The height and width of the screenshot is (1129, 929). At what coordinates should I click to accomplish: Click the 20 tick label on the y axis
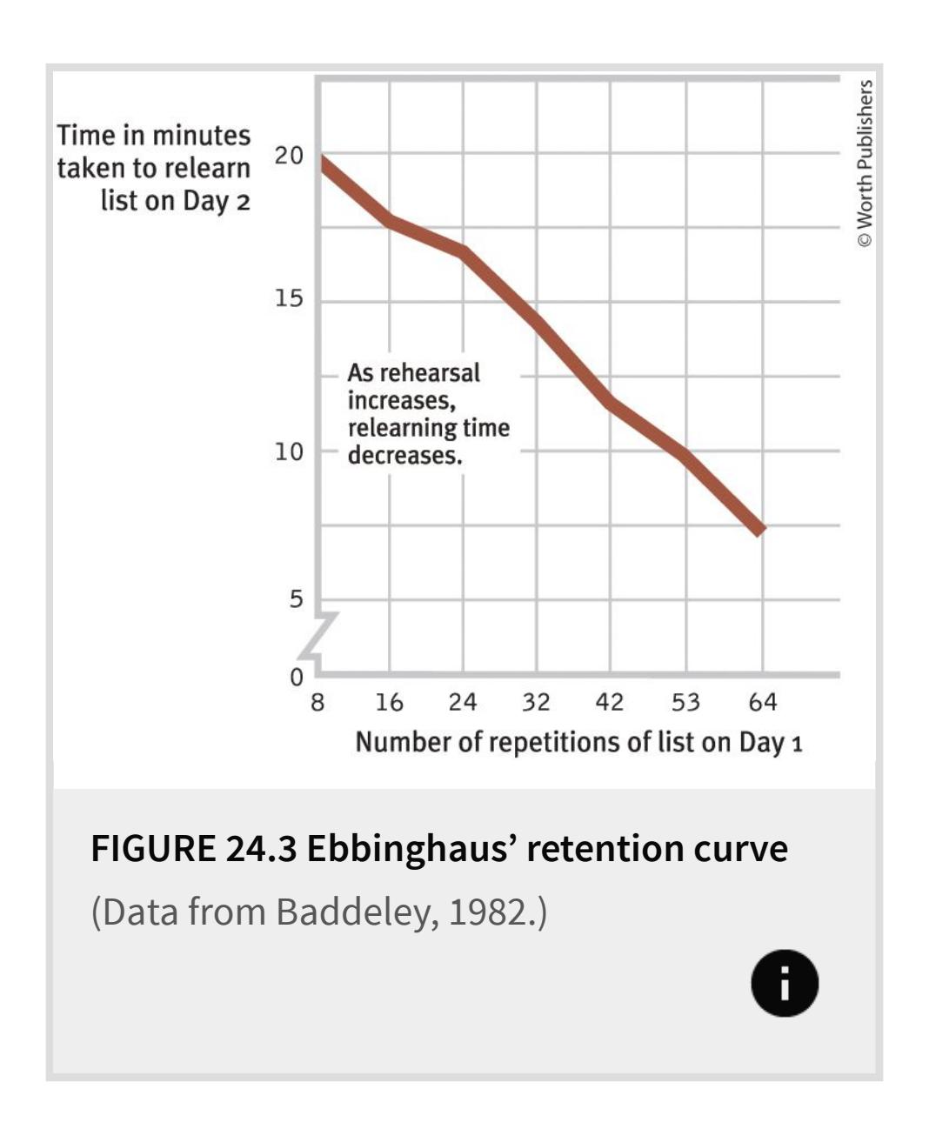(289, 157)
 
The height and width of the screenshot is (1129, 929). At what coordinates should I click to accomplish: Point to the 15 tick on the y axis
(289, 299)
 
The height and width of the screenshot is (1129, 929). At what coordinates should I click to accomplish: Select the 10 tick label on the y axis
(289, 451)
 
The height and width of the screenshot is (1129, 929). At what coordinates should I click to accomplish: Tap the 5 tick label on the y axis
(297, 599)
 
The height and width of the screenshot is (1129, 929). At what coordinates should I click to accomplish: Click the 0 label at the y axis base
(297, 676)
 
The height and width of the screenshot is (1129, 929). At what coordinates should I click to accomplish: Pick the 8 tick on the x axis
(317, 701)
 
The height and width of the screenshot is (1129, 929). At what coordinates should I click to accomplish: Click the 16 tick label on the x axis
(389, 701)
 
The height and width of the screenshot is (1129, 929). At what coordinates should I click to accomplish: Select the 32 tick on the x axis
(536, 701)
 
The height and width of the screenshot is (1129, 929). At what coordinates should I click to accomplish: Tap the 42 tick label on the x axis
(609, 701)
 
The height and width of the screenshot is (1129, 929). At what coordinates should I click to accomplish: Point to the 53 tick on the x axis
(685, 701)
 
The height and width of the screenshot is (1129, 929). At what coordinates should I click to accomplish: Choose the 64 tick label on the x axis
(762, 701)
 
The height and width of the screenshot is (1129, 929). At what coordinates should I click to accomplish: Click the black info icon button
(785, 983)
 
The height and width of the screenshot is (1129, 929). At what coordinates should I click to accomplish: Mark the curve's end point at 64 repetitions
(760, 530)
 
